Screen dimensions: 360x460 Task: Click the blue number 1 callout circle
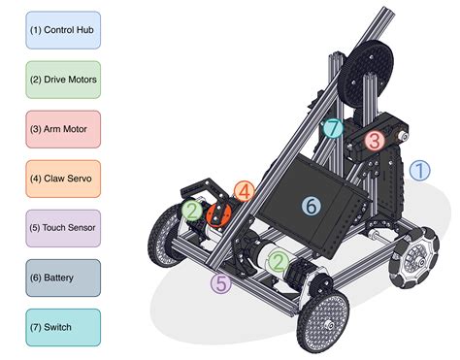pos(419,171)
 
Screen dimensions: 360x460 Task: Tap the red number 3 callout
pos(374,141)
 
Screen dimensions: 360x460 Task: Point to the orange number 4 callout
pos(245,191)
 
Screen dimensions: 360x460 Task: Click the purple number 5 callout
pos(221,284)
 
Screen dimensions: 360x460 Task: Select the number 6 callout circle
pos(312,206)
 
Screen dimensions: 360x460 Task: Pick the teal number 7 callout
pos(332,127)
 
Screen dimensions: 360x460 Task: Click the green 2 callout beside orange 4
pos(192,211)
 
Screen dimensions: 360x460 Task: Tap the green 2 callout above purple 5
pos(279,260)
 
